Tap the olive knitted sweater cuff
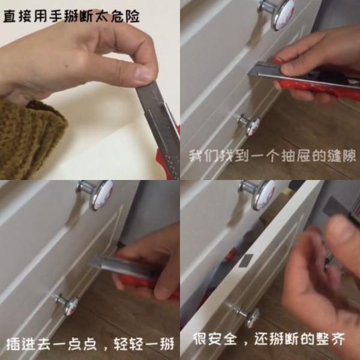tap(27, 135)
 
